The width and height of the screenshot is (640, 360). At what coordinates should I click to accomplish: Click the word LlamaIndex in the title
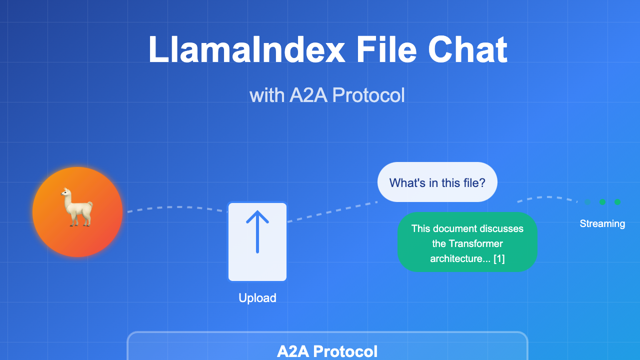tap(247, 49)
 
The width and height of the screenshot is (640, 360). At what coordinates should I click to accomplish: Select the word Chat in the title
tap(467, 49)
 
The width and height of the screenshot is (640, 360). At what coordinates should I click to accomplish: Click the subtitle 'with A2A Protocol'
tap(327, 95)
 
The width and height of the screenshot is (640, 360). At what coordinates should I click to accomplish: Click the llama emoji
tap(77, 207)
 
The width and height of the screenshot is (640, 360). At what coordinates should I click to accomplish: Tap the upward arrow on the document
tap(257, 231)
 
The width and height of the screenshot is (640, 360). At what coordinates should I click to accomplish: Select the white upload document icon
tap(257, 241)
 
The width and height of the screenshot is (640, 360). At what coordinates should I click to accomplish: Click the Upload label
tap(257, 298)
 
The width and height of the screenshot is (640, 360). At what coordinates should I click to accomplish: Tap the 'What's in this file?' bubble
tap(437, 182)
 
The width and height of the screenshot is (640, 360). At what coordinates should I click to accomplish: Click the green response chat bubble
tap(467, 241)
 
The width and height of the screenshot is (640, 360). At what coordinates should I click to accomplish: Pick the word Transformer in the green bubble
tap(475, 243)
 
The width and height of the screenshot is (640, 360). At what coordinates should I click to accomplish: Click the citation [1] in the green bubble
tap(499, 258)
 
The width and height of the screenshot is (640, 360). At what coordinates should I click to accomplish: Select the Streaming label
tap(602, 223)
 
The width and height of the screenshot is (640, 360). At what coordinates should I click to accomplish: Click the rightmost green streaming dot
tap(617, 202)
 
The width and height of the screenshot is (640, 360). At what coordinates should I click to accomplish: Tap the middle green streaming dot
tap(602, 202)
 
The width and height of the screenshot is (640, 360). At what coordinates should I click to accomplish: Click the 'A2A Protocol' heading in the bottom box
tap(327, 351)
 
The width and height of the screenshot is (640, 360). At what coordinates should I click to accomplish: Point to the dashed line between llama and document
tap(177, 207)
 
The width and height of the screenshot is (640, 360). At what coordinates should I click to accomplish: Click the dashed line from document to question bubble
tap(332, 211)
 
